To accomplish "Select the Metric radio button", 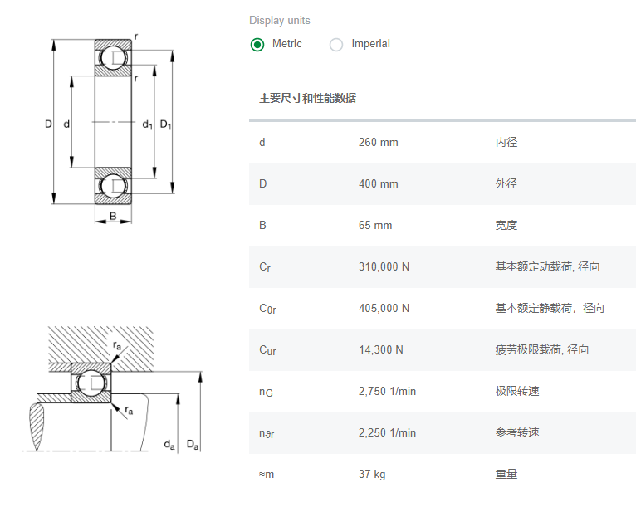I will (x=257, y=44).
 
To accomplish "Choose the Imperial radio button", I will (x=336, y=44).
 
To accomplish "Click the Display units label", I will (x=279, y=20).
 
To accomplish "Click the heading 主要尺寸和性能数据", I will (x=307, y=98).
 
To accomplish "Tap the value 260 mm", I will (x=378, y=142).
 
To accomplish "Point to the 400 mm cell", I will (x=378, y=183).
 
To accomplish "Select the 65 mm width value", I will (x=374, y=225).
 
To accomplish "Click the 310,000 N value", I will (x=384, y=266).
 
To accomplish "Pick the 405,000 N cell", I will (x=384, y=308).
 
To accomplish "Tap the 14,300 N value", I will (x=380, y=349).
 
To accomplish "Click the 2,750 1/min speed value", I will (x=387, y=391).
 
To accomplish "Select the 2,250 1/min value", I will (x=387, y=432).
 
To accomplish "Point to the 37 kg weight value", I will (x=371, y=474).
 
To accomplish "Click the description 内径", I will (x=506, y=142).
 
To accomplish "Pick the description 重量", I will (x=506, y=474).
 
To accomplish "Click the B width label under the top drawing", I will (x=112, y=218).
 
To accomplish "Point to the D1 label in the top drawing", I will (x=165, y=124).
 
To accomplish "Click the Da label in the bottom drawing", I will (x=193, y=445).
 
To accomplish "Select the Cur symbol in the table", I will (x=267, y=350).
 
